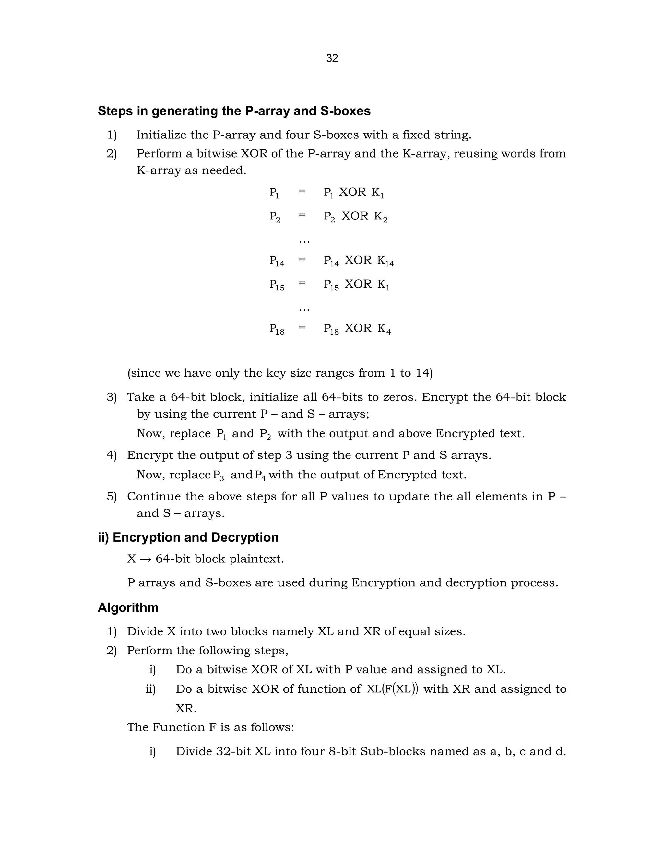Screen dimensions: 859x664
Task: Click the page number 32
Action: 332,58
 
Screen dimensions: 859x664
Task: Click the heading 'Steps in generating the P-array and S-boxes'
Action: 234,111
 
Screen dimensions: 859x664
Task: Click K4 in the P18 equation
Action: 384,329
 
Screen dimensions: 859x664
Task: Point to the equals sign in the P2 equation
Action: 302,215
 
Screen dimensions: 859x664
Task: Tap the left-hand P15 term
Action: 277,284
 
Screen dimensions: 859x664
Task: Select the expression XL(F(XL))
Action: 392,689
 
